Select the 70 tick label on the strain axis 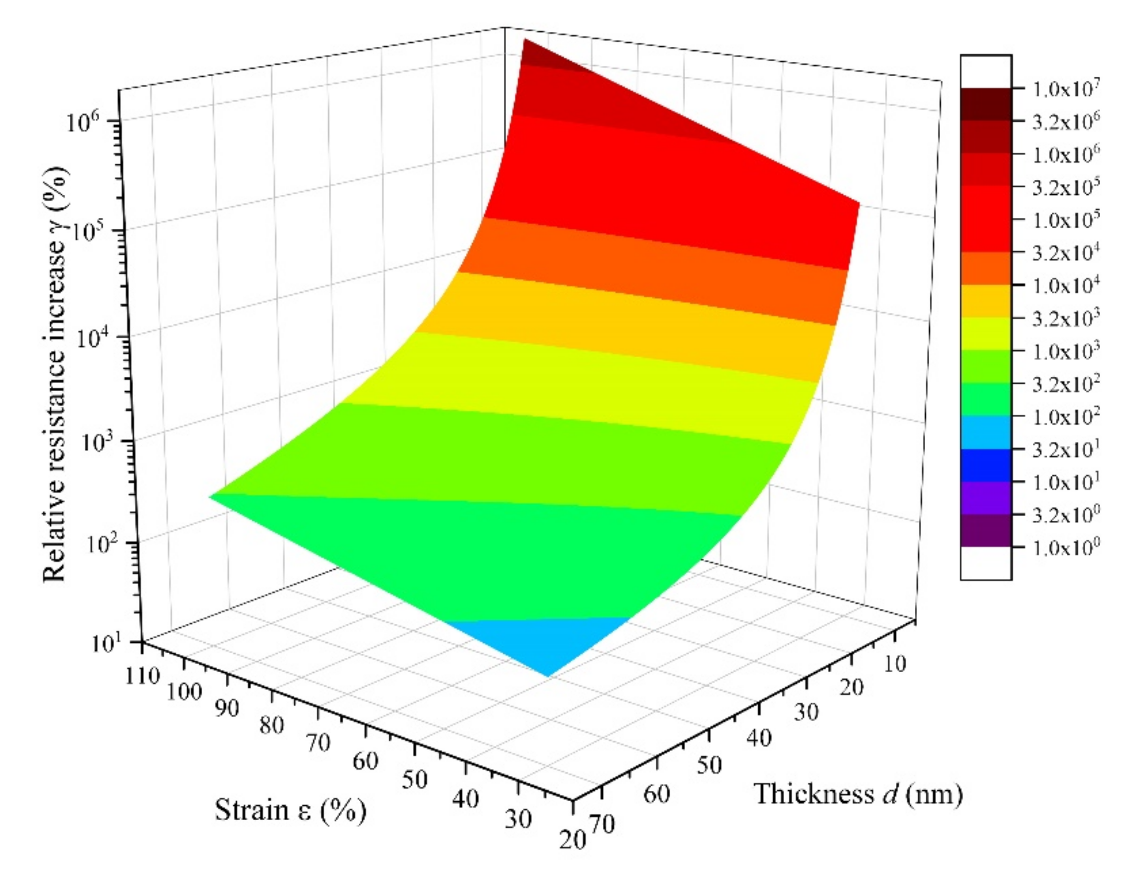click(317, 743)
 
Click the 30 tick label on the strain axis click(517, 820)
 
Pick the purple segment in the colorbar click(986, 498)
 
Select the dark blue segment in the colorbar click(986, 465)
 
